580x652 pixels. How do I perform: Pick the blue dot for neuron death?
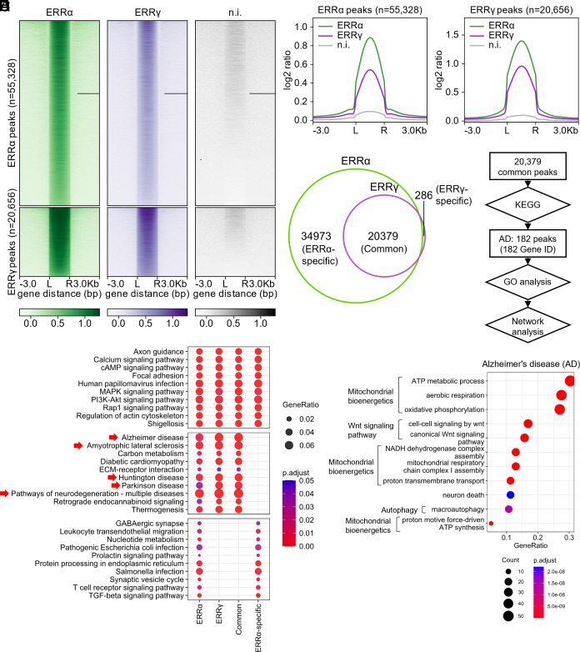(510, 494)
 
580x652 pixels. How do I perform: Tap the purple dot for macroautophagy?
(508, 508)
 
